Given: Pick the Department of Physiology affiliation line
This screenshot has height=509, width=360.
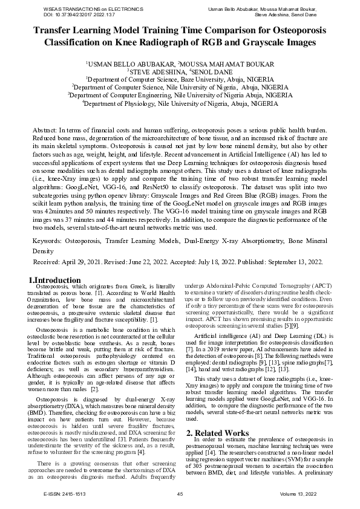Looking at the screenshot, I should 180,103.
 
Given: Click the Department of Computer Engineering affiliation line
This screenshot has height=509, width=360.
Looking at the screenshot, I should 180,95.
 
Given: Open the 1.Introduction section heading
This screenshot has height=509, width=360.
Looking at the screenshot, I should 55,280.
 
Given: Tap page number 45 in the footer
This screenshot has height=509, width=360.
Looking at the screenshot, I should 180,494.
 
